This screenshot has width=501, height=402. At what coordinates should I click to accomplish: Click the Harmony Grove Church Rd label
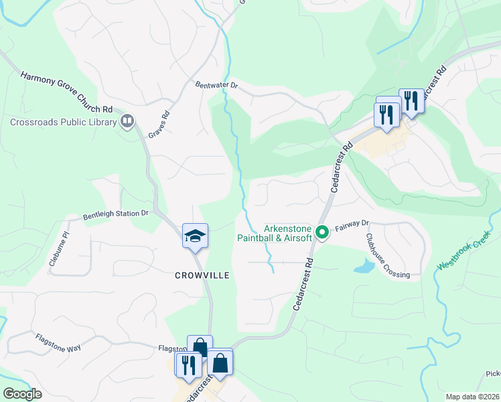click(67, 92)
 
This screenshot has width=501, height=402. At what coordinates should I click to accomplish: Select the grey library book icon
click(127, 121)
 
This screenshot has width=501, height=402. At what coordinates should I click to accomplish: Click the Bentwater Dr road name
click(216, 85)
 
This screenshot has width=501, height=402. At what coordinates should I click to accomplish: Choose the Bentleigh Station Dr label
click(115, 214)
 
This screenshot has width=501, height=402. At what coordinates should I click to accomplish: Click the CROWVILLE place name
click(202, 275)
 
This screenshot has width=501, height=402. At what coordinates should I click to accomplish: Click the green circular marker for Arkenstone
click(322, 232)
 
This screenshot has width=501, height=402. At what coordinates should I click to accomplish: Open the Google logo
click(21, 394)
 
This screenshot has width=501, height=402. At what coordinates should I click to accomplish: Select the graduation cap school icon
click(195, 236)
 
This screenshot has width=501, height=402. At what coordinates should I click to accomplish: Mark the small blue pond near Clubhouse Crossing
click(364, 267)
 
